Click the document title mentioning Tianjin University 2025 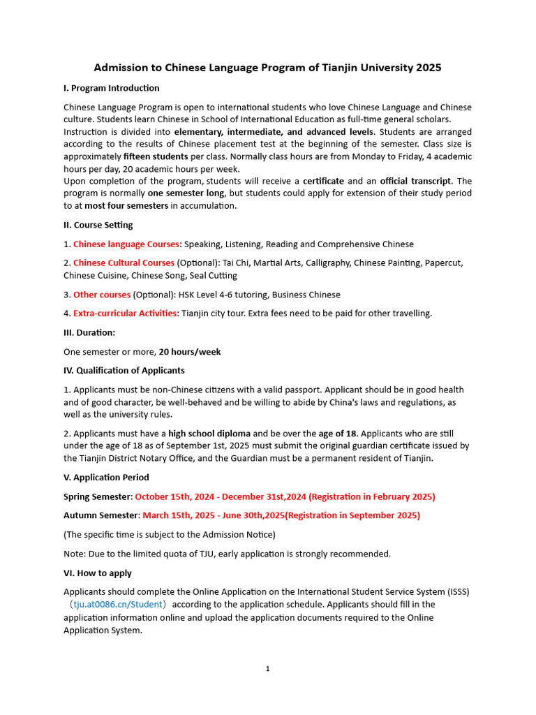pyautogui.click(x=268, y=68)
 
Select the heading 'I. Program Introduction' pyautogui.click(x=112, y=88)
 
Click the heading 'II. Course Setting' pyautogui.click(x=98, y=225)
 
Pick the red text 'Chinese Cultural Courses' pyautogui.click(x=124, y=263)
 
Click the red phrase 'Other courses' pyautogui.click(x=102, y=295)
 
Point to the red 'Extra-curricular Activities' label pyautogui.click(x=125, y=314)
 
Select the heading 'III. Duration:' pyautogui.click(x=89, y=332)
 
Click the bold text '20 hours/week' pyautogui.click(x=190, y=352)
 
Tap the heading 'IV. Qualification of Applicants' pyautogui.click(x=124, y=371)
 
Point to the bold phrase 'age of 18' pyautogui.click(x=338, y=434)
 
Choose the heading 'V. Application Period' pyautogui.click(x=106, y=478)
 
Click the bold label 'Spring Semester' pyautogui.click(x=97, y=496)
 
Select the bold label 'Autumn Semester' pyautogui.click(x=100, y=515)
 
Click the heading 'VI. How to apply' pyautogui.click(x=98, y=573)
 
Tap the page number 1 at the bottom pyautogui.click(x=267, y=669)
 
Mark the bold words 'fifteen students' pyautogui.click(x=156, y=156)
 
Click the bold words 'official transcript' pyautogui.click(x=416, y=182)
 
